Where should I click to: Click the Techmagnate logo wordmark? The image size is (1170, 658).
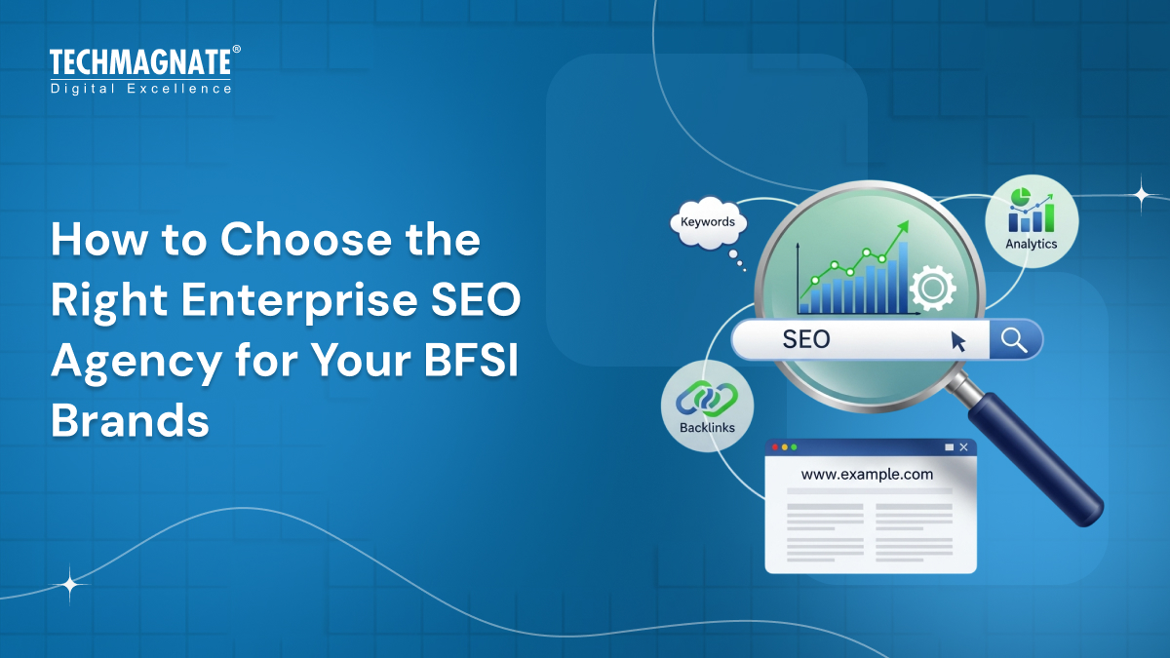(140, 64)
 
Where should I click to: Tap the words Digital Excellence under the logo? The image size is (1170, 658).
(141, 89)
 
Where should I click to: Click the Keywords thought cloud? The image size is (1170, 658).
(708, 222)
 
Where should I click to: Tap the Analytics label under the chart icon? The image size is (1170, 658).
(1031, 244)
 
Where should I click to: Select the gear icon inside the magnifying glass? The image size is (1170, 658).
(931, 287)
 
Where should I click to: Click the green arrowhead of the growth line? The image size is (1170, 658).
(903, 227)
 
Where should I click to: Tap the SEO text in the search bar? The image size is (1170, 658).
(806, 339)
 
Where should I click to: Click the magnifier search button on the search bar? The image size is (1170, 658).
(1015, 340)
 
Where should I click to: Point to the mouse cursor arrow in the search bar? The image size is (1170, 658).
(958, 340)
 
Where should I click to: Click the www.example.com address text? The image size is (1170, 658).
(867, 475)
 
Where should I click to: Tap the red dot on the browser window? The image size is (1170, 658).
(775, 447)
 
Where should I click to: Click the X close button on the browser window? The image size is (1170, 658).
(963, 447)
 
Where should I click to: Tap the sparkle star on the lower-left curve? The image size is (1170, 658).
(70, 585)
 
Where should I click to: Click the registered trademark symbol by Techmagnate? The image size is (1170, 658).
(236, 50)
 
